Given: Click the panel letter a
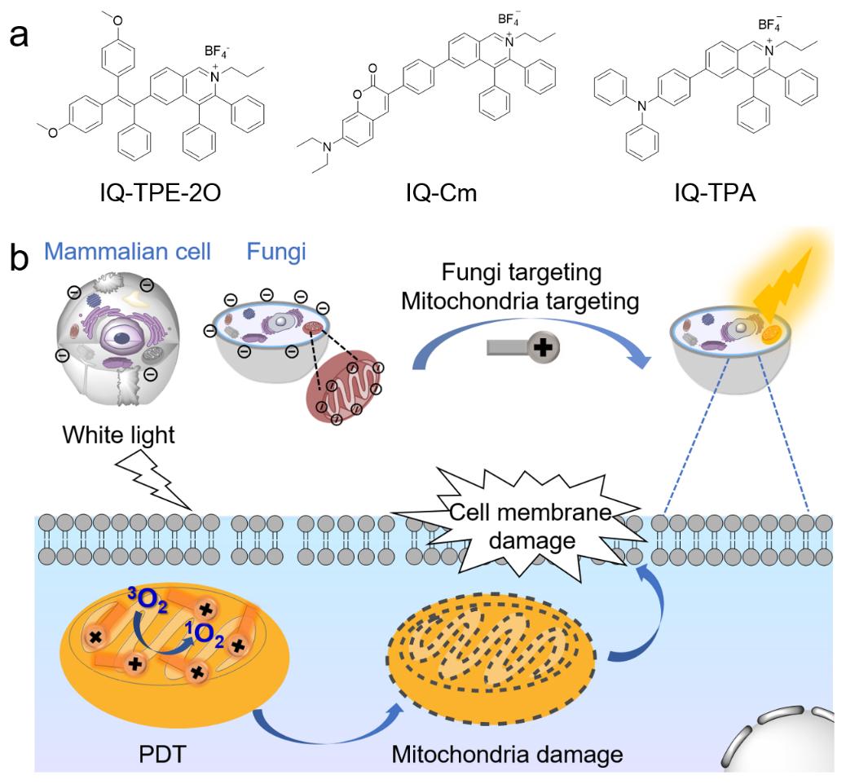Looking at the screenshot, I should pyautogui.click(x=25, y=37).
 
